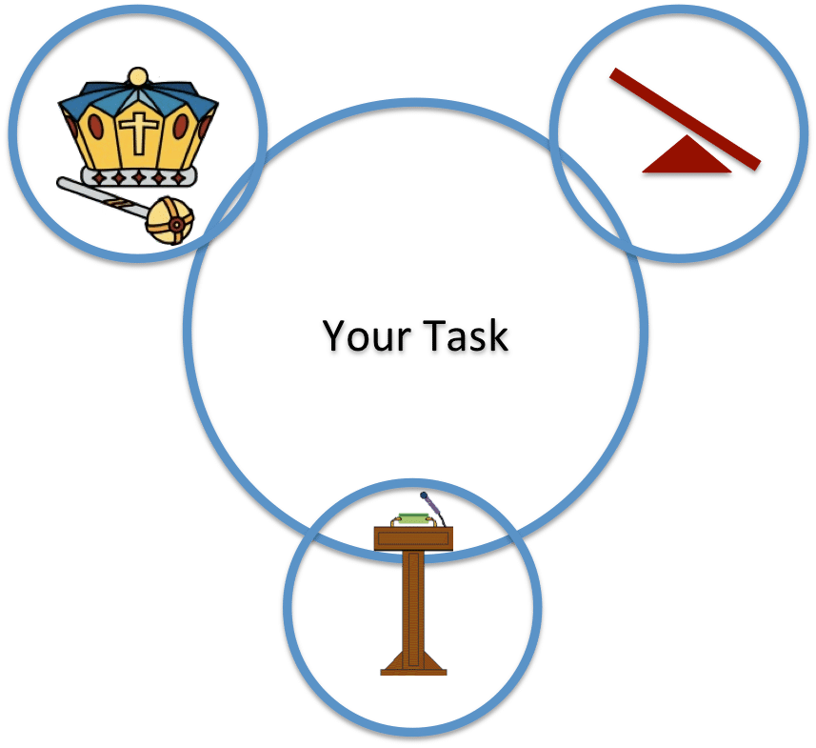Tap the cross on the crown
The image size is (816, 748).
point(138,132)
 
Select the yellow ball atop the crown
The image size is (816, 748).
point(138,77)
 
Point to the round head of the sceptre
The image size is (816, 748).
point(170,221)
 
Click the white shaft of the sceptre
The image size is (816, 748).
point(104,198)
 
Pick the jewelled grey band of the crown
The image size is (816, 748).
point(139,177)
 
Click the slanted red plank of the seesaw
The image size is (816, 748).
point(686,119)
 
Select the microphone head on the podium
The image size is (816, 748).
point(424,495)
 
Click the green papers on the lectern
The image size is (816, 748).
point(414,518)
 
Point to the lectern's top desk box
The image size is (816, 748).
point(413,538)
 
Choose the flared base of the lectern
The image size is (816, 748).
point(414,663)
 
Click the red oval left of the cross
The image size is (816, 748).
point(95,127)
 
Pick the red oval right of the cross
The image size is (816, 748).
point(181,126)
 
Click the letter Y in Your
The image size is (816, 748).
point(335,336)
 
